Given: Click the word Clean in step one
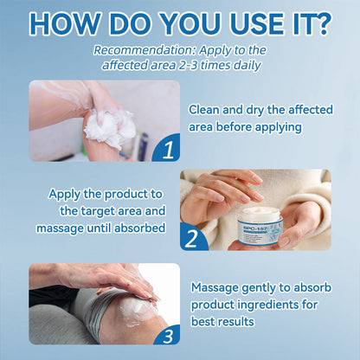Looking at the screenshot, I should pyautogui.click(x=206, y=110).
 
